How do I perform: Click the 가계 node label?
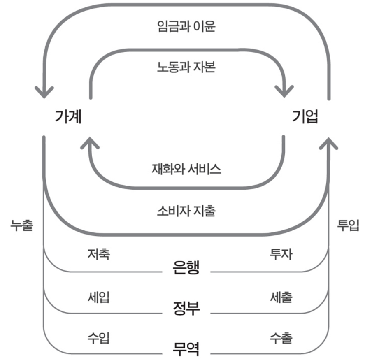pyautogui.click(x=68, y=117)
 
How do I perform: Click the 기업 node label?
pyautogui.click(x=305, y=117)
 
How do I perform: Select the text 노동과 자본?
pyautogui.click(x=186, y=67)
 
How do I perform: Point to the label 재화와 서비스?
pyautogui.click(x=186, y=169)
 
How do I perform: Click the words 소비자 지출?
pyautogui.click(x=186, y=211)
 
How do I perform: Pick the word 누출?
pyautogui.click(x=22, y=225)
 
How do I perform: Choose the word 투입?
pyautogui.click(x=348, y=225)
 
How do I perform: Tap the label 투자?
pyautogui.click(x=281, y=254)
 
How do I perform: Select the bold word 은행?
pyautogui.click(x=186, y=268)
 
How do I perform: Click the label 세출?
pyautogui.click(x=281, y=297)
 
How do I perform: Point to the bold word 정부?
pyautogui.click(x=186, y=308)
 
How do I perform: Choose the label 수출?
pyautogui.click(x=281, y=338)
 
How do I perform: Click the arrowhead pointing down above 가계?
pyautogui.click(x=43, y=92)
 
